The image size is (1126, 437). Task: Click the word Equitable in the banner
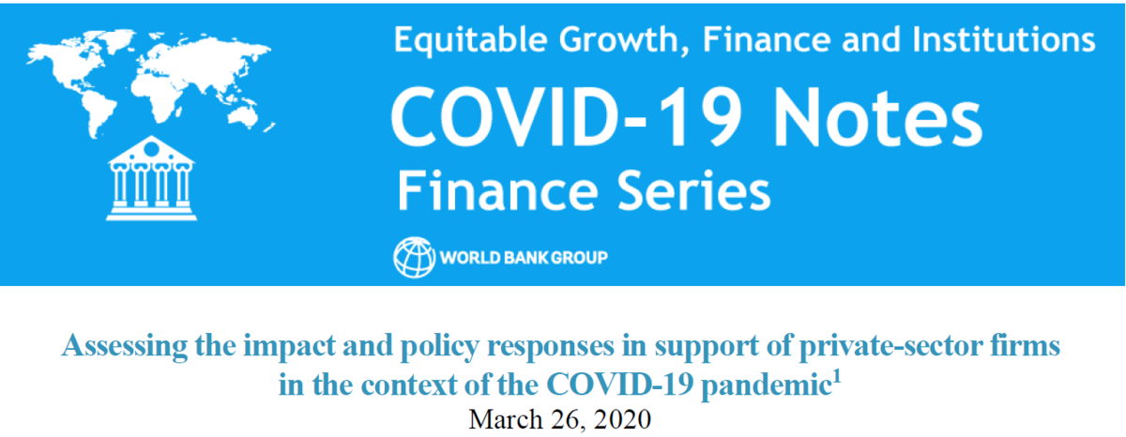click(x=470, y=40)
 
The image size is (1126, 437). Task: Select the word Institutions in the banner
click(x=1004, y=39)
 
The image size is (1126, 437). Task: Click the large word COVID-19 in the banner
click(x=567, y=118)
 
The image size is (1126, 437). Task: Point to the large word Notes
click(x=877, y=119)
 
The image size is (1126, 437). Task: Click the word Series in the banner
click(x=693, y=191)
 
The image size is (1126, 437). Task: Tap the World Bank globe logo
click(x=414, y=257)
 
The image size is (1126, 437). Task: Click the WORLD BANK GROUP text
click(x=524, y=258)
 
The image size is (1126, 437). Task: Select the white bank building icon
click(x=151, y=178)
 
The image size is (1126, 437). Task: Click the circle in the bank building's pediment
click(x=151, y=149)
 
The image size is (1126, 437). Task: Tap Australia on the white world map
click(x=243, y=114)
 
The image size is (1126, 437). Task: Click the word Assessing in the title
click(x=124, y=347)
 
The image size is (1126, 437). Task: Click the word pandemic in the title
click(x=765, y=385)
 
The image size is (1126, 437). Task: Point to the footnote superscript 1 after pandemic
click(x=836, y=377)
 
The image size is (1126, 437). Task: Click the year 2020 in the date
click(x=622, y=419)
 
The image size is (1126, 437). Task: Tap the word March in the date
click(x=505, y=419)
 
